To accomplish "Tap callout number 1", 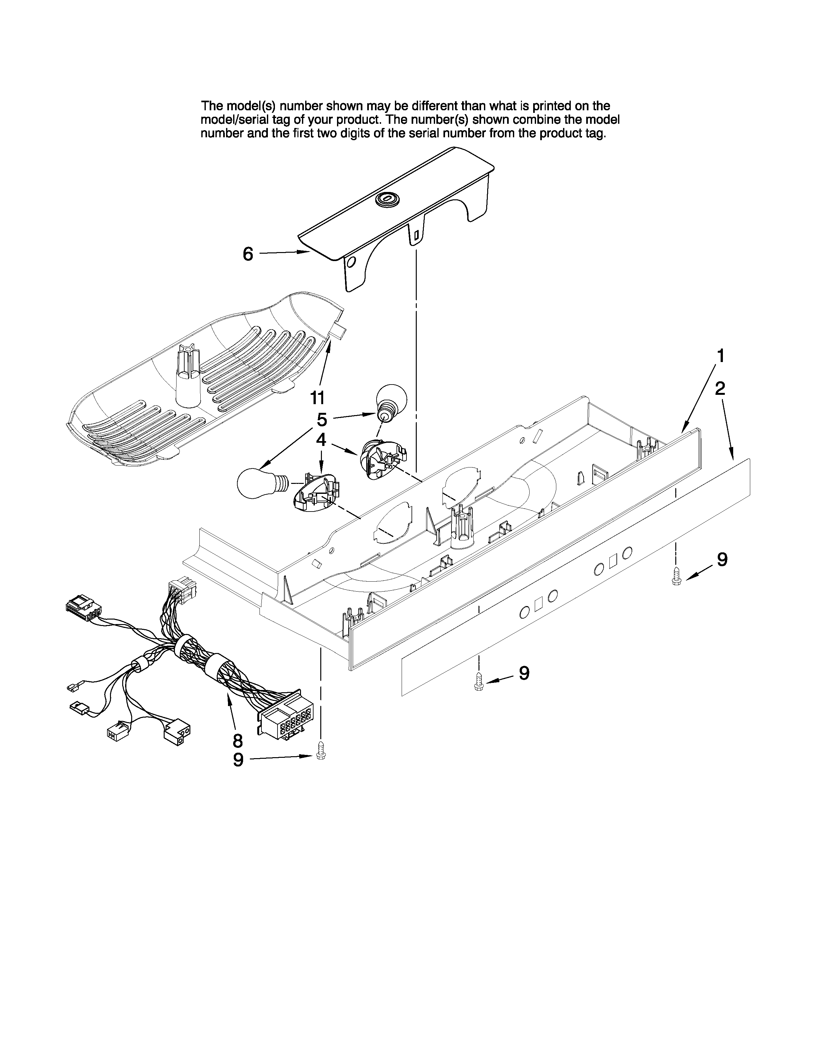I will point(721,356).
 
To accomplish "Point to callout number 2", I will point(720,388).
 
